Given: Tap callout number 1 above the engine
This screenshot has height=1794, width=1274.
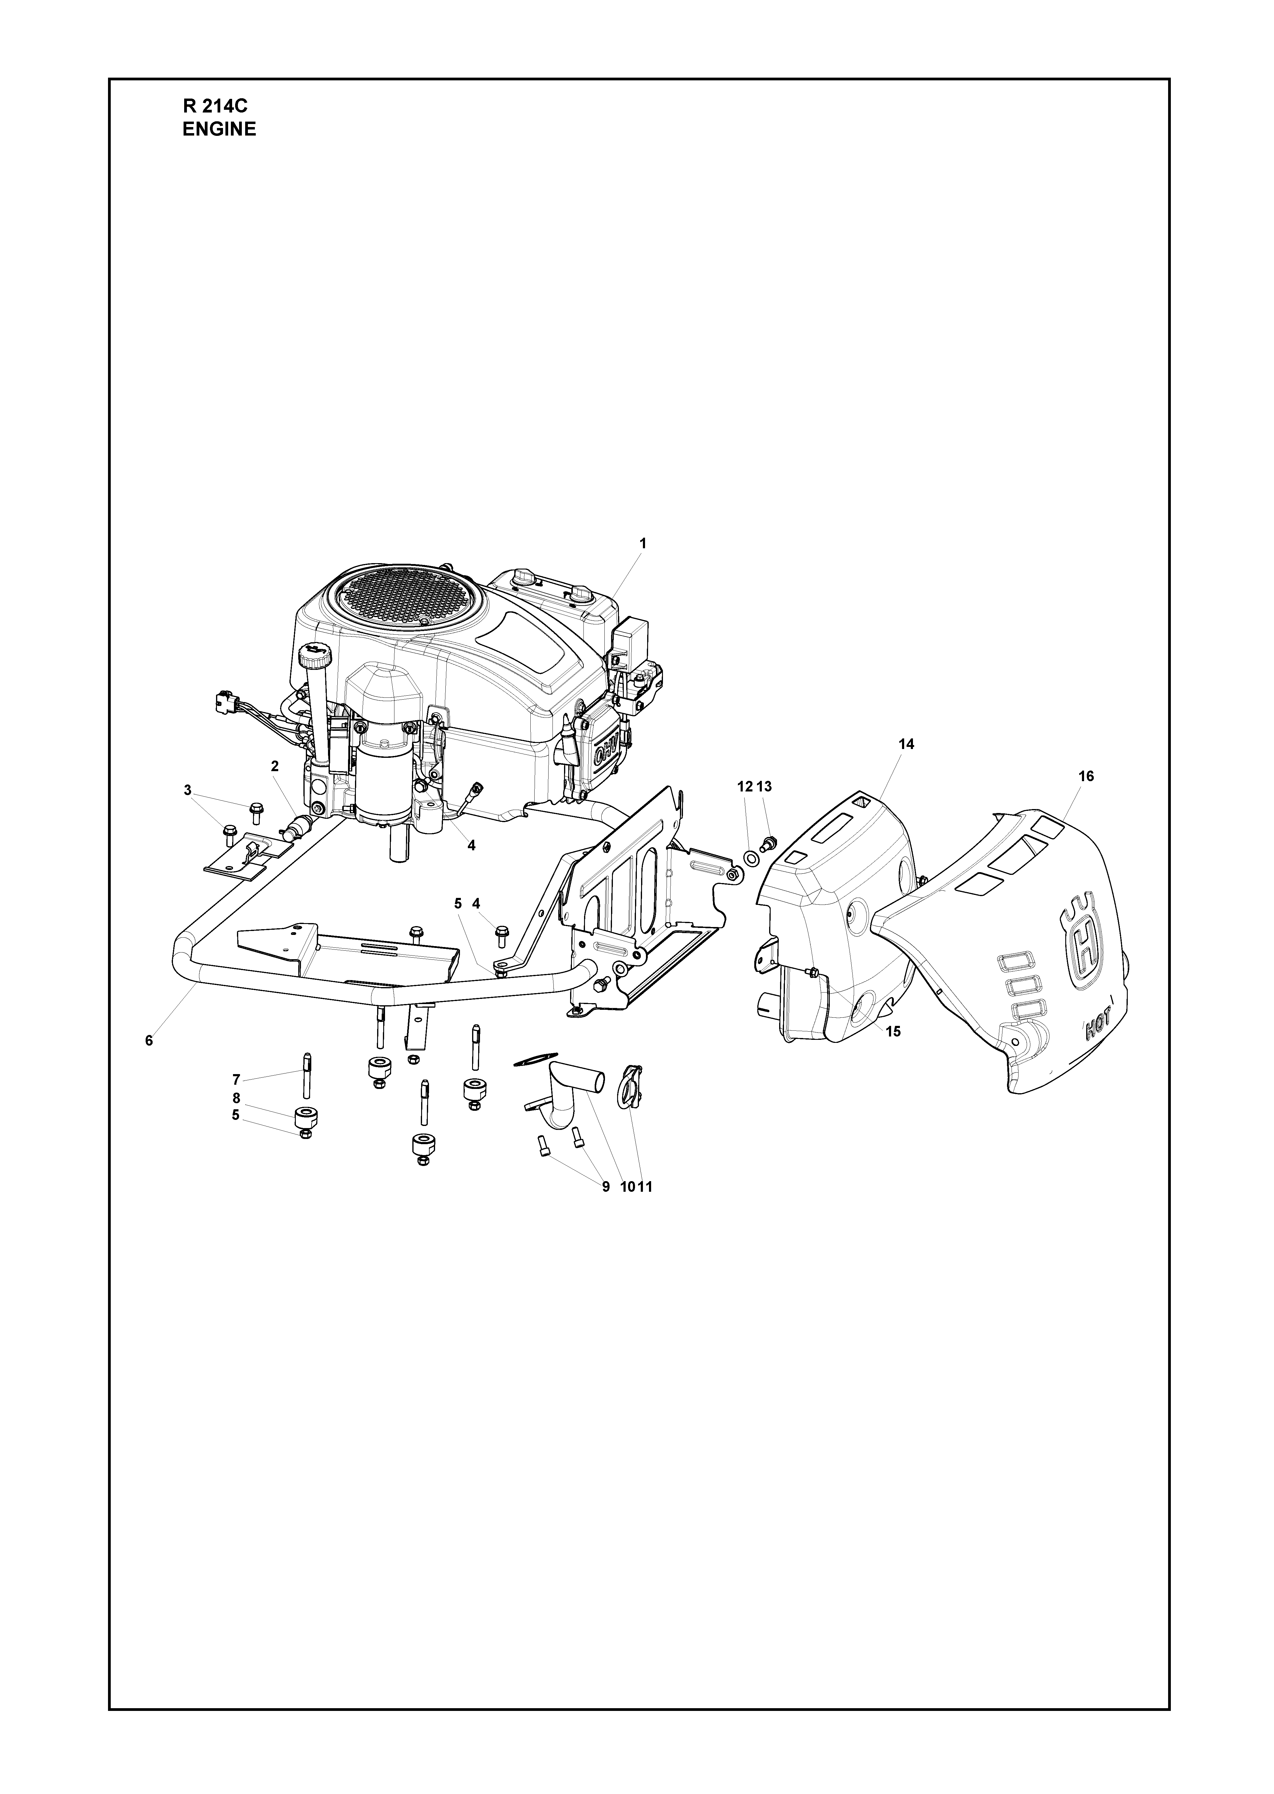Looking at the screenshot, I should pos(643,543).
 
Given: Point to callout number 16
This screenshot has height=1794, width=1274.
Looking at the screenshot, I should pos(1086,776).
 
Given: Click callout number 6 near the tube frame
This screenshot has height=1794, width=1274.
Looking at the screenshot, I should pos(149,1040).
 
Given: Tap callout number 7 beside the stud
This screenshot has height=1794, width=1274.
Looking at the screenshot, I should pos(236,1080).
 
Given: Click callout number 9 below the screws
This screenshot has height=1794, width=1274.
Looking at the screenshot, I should pos(606,1187).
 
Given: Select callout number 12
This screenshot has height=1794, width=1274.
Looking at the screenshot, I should pos(745,786).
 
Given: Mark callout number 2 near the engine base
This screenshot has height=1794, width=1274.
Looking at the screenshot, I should pos(275,766).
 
